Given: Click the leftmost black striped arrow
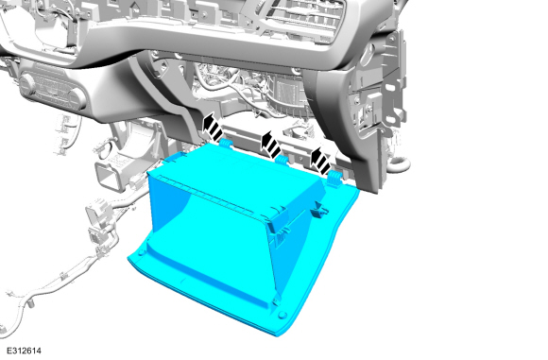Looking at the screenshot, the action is [x=213, y=128].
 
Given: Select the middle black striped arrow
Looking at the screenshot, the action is [x=271, y=144].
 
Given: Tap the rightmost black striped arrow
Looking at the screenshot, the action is [x=321, y=160].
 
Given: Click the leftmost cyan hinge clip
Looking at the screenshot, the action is [x=226, y=143].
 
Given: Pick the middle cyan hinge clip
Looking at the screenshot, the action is [x=282, y=160].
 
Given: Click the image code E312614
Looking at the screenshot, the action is [x=24, y=351].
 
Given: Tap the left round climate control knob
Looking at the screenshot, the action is [x=27, y=84].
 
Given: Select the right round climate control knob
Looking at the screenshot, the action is [x=77, y=98].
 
